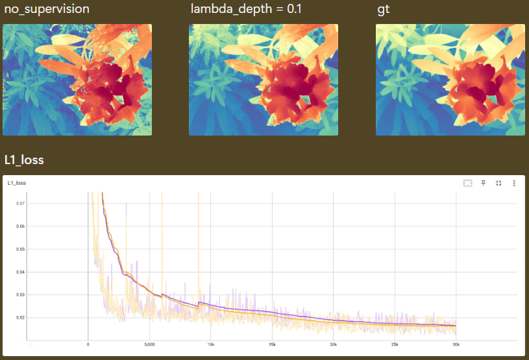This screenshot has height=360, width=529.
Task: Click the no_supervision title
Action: [47, 9]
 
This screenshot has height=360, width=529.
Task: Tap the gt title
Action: [384, 10]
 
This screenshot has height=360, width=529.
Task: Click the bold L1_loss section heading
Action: [24, 160]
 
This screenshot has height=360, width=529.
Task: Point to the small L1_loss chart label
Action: [17, 184]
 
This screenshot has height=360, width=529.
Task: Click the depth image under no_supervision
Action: [77, 80]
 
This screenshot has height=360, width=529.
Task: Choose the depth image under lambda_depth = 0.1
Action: [264, 80]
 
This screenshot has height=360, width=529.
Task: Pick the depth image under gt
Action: [450, 80]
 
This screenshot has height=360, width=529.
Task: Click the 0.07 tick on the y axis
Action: [21, 203]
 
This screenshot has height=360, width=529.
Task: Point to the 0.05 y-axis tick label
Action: [21, 249]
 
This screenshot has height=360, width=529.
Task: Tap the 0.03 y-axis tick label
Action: [21, 294]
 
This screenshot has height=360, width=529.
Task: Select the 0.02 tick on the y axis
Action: [21, 318]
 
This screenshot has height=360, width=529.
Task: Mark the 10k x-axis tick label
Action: [210, 345]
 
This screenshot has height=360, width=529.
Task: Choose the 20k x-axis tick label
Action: [333, 345]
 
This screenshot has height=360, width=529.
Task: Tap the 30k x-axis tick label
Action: [456, 345]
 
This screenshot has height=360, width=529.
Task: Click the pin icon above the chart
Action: [483, 184]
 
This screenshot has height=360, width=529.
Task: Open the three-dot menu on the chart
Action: [514, 184]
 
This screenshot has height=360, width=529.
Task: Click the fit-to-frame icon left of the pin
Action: [467, 184]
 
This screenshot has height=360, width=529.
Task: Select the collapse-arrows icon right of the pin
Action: [498, 184]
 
